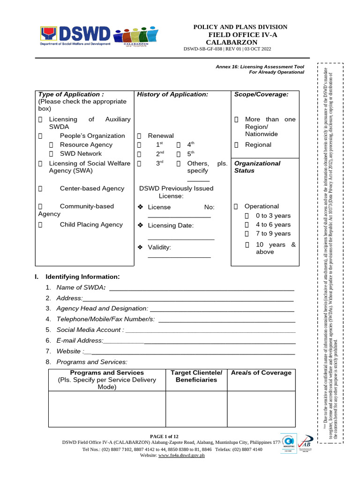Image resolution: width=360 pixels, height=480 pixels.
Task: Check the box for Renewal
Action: click(139, 136)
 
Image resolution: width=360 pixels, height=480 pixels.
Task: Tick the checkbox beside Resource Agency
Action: click(52, 145)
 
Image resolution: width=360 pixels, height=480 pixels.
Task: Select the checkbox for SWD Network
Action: click(52, 154)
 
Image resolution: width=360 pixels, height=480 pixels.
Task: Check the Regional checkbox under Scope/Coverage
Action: click(236, 145)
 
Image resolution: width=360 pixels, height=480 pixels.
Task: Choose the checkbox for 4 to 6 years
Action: click(247, 225)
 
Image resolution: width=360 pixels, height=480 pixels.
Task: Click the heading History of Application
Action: click(172, 94)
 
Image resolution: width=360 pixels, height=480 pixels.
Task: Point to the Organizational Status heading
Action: click(257, 167)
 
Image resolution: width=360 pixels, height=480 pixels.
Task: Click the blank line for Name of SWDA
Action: click(201, 288)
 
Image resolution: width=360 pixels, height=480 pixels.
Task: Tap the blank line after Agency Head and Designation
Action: click(222, 309)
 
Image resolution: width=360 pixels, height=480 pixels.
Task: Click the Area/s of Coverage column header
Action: click(261, 373)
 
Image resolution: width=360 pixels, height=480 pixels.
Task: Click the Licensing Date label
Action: click(170, 225)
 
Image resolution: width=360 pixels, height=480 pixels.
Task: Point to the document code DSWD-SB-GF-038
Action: click(204, 49)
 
